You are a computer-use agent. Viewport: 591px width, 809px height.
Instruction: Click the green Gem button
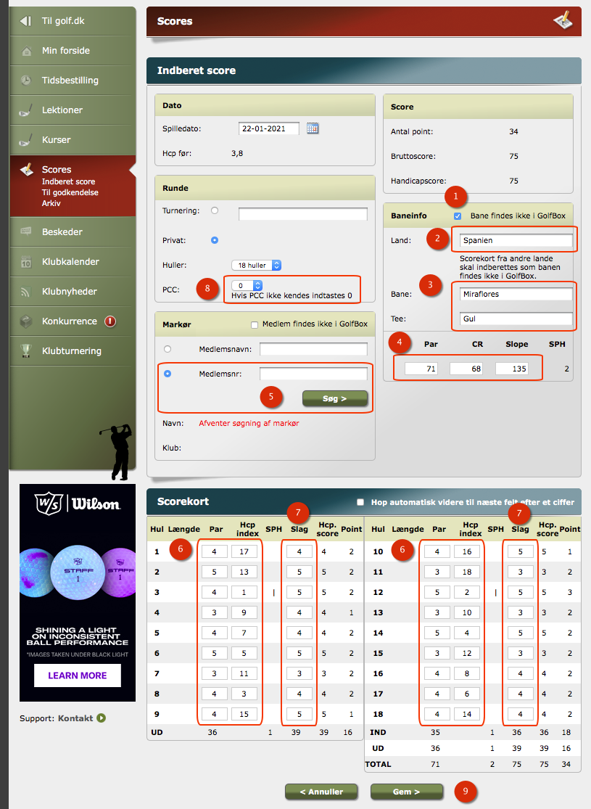click(x=406, y=792)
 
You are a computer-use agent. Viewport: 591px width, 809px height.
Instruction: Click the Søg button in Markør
click(x=335, y=398)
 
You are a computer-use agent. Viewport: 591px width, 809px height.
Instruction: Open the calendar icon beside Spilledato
click(x=313, y=128)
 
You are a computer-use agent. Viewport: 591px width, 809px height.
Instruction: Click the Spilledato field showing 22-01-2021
click(x=269, y=128)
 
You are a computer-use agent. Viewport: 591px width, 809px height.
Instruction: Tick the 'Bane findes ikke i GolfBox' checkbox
click(x=458, y=216)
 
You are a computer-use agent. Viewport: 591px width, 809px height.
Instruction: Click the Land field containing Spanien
click(x=516, y=240)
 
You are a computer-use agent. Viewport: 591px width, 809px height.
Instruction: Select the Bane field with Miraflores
click(x=516, y=294)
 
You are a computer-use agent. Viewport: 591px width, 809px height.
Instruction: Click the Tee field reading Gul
click(x=516, y=319)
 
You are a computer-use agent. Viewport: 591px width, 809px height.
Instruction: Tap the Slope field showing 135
click(x=511, y=369)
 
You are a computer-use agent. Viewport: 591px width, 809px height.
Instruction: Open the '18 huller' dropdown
click(x=256, y=266)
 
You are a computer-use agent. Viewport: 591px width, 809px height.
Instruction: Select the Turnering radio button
click(x=215, y=210)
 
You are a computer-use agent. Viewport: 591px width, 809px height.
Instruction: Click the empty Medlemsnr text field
click(x=313, y=374)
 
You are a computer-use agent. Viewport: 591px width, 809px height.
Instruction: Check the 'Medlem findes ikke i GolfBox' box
click(x=255, y=324)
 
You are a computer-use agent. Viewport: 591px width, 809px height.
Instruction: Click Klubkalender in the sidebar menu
click(x=71, y=262)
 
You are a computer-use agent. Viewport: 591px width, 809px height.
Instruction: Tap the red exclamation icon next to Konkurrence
click(x=110, y=321)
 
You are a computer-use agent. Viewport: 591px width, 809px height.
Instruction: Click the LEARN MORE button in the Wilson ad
click(x=78, y=675)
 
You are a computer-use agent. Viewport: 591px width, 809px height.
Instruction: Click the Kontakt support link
click(x=75, y=718)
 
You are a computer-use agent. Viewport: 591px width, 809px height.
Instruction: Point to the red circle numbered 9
click(x=466, y=791)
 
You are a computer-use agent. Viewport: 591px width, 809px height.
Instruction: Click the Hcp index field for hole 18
click(x=467, y=714)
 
